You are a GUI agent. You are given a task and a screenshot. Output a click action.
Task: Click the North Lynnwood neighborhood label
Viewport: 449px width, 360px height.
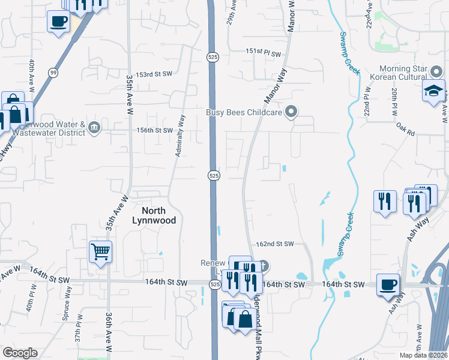(154, 215)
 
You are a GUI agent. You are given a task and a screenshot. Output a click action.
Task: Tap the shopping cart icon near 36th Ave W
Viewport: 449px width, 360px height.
(100, 251)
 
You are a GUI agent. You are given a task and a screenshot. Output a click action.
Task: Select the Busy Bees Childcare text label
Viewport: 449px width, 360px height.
(244, 112)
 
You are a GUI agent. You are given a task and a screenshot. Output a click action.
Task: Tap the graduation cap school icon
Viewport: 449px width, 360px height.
(433, 91)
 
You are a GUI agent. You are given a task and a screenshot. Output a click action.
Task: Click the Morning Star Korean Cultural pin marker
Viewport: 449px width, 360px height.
(437, 71)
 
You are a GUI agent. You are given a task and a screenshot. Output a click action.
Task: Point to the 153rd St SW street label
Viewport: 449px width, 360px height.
(154, 75)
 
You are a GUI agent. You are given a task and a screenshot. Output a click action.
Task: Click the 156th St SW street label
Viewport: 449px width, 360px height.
(155, 130)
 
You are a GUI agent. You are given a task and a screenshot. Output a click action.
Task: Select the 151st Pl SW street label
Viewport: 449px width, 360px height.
(264, 53)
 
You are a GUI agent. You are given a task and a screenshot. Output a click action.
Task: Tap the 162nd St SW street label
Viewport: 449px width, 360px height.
(274, 244)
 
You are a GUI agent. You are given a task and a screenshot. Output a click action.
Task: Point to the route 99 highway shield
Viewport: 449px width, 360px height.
(53, 72)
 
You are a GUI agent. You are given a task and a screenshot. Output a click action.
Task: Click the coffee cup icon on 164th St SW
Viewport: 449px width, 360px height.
(388, 283)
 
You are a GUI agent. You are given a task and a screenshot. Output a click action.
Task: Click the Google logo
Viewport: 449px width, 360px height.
(20, 353)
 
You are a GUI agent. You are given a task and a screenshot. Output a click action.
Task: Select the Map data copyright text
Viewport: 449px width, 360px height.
(423, 355)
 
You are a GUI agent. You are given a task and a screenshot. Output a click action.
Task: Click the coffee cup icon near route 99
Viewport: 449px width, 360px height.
(58, 22)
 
